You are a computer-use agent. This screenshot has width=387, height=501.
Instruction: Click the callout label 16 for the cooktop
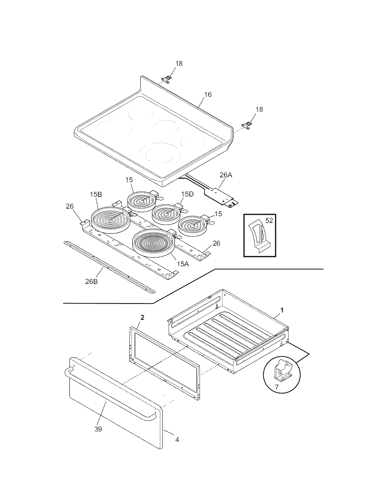[x=208, y=95]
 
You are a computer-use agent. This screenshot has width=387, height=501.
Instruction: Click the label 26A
[x=225, y=175]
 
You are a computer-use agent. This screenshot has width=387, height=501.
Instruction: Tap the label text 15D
[x=187, y=194]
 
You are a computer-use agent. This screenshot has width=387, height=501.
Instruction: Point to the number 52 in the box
[x=269, y=221]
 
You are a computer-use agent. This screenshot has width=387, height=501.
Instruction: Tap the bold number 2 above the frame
[x=142, y=318]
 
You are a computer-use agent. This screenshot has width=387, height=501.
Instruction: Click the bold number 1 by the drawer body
[x=282, y=310]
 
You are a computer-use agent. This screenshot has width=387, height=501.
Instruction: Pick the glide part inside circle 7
[x=282, y=371]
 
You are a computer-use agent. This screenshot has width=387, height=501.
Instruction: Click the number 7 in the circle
[x=276, y=387]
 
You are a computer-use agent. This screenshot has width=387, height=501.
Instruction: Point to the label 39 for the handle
[x=98, y=429]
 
